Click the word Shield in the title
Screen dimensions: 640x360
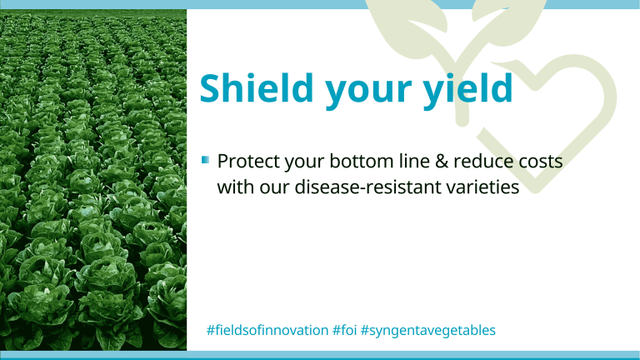pyautogui.click(x=257, y=87)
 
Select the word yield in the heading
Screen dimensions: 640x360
pyautogui.click(x=467, y=90)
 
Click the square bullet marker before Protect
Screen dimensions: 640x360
pyautogui.click(x=205, y=159)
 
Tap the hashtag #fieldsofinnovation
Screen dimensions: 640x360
pyautogui.click(x=267, y=330)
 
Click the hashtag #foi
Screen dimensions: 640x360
pyautogui.click(x=344, y=330)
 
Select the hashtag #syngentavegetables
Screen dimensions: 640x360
pyautogui.click(x=428, y=331)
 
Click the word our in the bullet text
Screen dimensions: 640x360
pyautogui.click(x=274, y=189)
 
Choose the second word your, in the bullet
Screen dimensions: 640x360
pyautogui.click(x=304, y=163)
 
